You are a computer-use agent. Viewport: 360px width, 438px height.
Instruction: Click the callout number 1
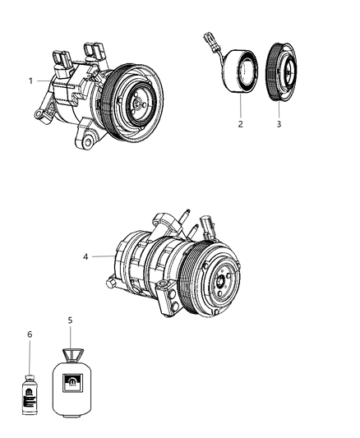[30, 81]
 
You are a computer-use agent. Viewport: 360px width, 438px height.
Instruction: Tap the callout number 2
[239, 125]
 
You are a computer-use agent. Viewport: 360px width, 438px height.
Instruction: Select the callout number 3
[278, 125]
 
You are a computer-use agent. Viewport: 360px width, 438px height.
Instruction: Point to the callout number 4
[86, 256]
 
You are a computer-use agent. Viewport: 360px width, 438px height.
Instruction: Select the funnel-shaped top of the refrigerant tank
[71, 354]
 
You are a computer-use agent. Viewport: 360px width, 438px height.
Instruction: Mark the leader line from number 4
[103, 256]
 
